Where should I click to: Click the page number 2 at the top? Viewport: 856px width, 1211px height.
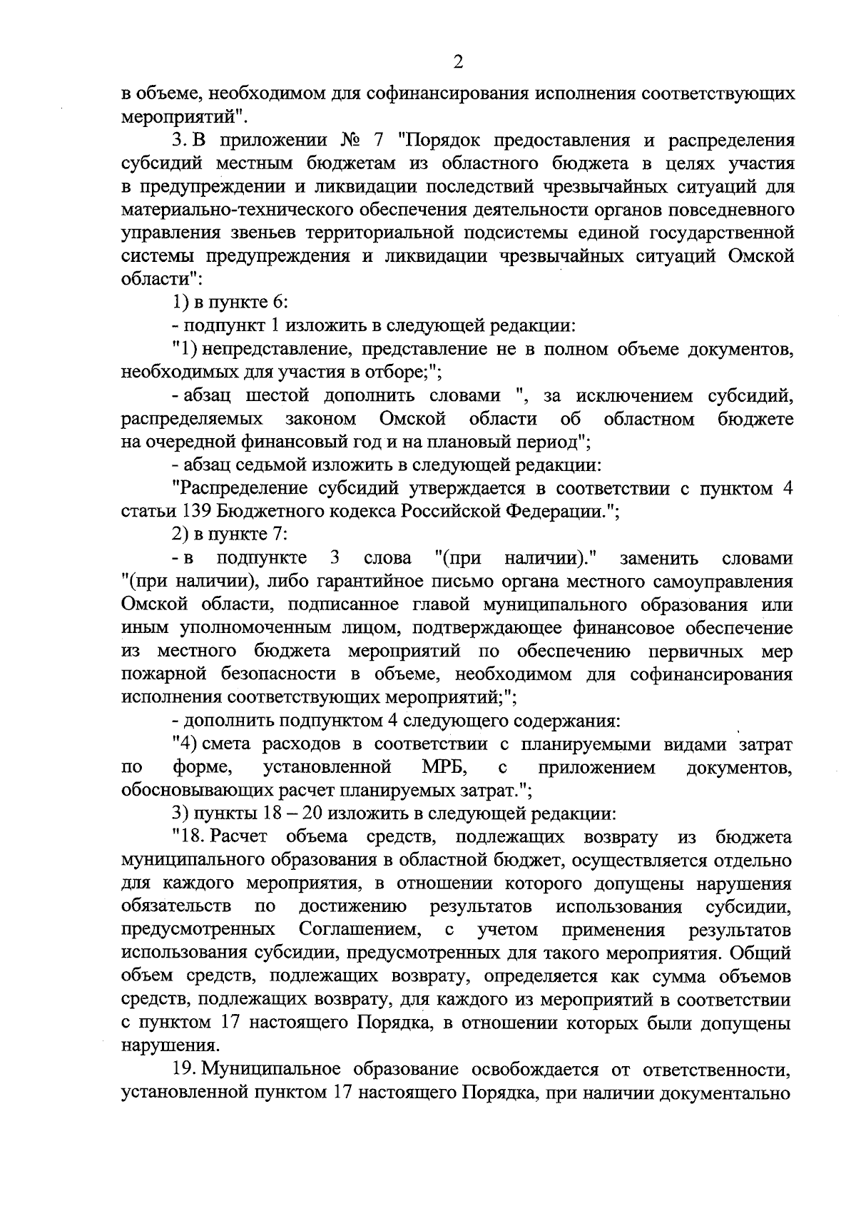pos(459,62)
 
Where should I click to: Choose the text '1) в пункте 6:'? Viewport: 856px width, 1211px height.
pos(230,303)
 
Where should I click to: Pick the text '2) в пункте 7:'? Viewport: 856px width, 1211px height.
pos(230,534)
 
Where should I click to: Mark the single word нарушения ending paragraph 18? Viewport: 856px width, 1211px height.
pos(168,1047)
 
